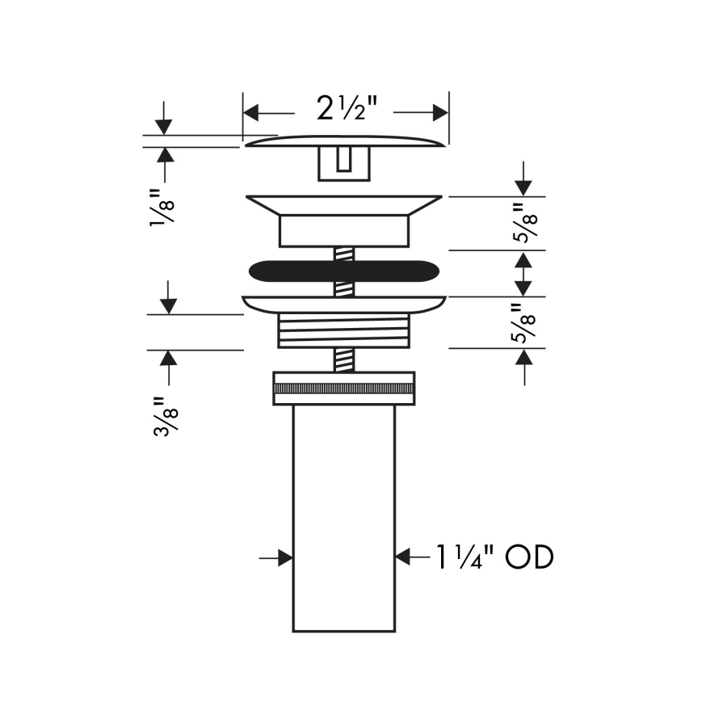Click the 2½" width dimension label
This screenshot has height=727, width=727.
347,109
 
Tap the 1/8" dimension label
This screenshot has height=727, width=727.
162,208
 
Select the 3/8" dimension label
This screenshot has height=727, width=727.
166,416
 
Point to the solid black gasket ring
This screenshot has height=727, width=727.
343,271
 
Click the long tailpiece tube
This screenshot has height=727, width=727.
344,519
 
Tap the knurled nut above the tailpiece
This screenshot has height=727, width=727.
344,388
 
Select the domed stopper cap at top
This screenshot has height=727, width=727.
345,141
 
